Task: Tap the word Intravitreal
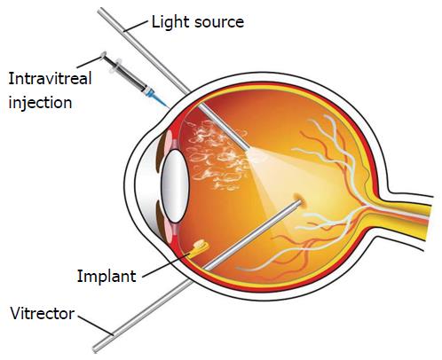(50, 79)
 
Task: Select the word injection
(40, 103)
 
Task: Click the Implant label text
(107, 277)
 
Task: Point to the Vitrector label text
(43, 314)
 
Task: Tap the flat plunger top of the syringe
(103, 55)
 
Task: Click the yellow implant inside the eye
(199, 248)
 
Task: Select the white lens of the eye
(175, 185)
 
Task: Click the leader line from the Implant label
(166, 264)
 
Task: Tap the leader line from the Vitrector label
(96, 325)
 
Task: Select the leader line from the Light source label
(135, 26)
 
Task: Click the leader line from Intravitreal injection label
(89, 62)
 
